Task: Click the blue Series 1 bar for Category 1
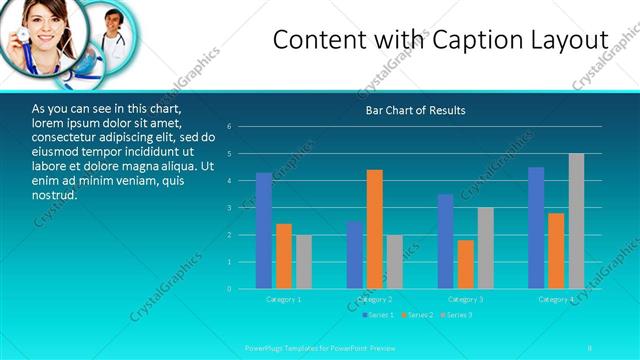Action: pos(263,231)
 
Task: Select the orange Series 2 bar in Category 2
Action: pos(374,229)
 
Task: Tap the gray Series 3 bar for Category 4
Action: pos(576,221)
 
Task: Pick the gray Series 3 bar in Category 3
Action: pos(485,248)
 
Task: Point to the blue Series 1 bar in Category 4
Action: pos(536,228)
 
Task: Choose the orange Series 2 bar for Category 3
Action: pos(465,264)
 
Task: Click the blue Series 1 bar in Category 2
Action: pos(354,255)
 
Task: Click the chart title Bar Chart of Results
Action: pos(415,110)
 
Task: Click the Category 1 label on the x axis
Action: pos(283,299)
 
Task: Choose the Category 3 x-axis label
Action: pos(465,299)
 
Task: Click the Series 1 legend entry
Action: pos(377,315)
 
